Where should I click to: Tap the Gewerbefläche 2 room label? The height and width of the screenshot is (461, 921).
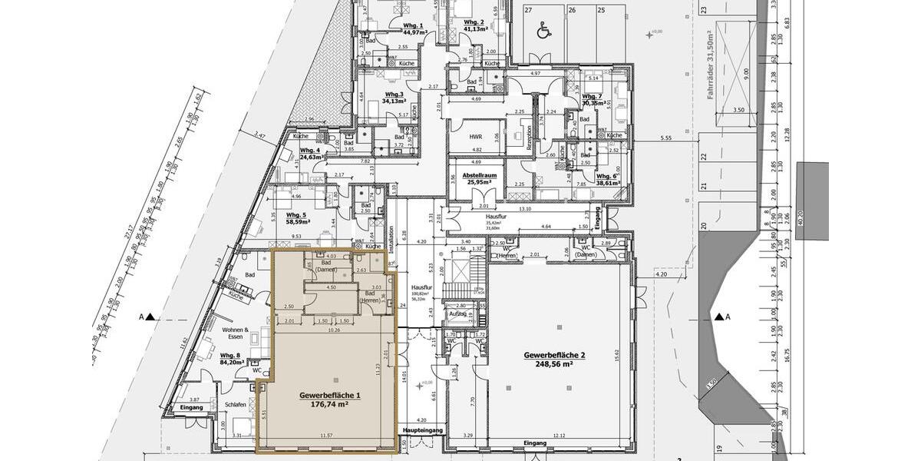point(554,356)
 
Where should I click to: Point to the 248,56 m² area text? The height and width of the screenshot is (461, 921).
point(554,365)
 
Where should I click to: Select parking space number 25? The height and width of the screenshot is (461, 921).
point(601,10)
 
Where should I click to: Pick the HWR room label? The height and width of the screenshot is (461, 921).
point(476,136)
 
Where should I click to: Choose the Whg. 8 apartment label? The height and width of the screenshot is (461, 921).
point(230,356)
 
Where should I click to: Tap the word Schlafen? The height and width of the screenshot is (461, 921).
point(235,403)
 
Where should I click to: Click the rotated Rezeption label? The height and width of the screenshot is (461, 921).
point(529,136)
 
